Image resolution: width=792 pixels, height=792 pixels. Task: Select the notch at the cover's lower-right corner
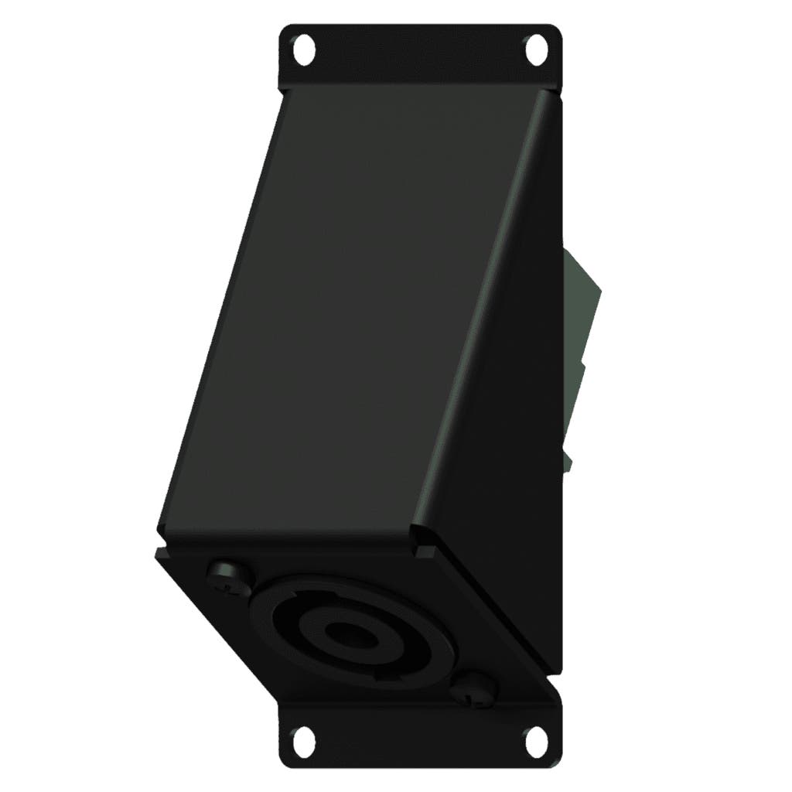click(424, 551)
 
